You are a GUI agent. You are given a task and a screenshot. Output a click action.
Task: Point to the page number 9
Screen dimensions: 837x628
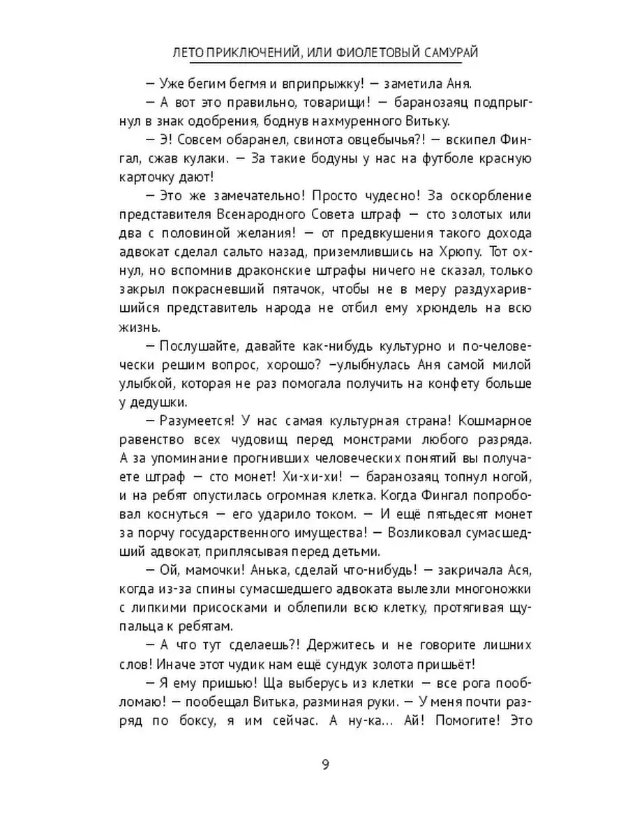coord(325,763)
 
